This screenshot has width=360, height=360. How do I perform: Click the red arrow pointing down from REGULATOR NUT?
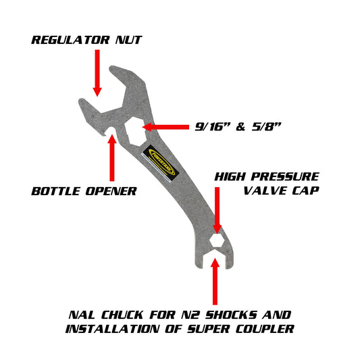(97, 73)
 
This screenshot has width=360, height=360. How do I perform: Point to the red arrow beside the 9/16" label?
(163, 126)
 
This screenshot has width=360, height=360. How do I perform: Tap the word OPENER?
(111, 191)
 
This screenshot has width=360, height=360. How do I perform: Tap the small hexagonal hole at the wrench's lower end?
(217, 242)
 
